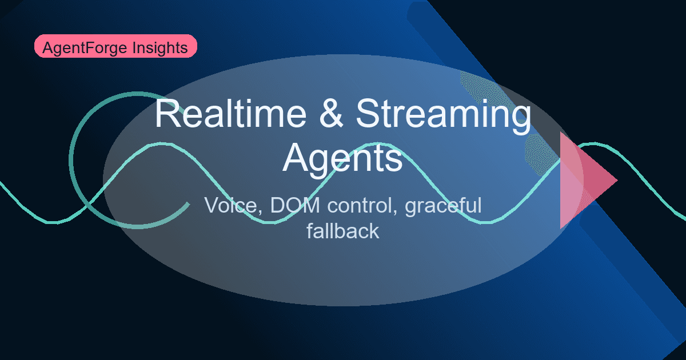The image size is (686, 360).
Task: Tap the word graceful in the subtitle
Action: pos(444,206)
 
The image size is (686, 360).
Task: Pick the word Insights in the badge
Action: pos(162,48)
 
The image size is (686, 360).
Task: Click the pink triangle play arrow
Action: pos(580,181)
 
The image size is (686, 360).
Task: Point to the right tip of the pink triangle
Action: pos(617,181)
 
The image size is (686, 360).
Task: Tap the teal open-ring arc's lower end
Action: pos(188,203)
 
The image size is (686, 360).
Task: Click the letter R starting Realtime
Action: pos(166,114)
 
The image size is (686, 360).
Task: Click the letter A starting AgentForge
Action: pos(47,48)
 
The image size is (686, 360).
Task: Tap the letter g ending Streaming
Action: pos(519,119)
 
